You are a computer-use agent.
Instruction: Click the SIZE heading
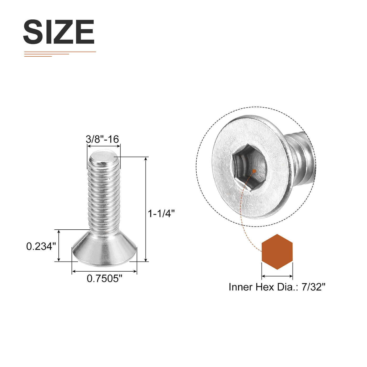59,32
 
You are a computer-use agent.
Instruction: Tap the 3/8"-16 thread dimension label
102,139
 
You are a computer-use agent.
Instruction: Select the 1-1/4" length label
161,213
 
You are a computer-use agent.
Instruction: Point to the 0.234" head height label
41,246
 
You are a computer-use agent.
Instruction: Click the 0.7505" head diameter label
104,279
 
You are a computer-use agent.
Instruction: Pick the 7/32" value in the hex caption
314,287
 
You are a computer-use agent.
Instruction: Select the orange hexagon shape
277,252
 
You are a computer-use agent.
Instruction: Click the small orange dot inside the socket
254,171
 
